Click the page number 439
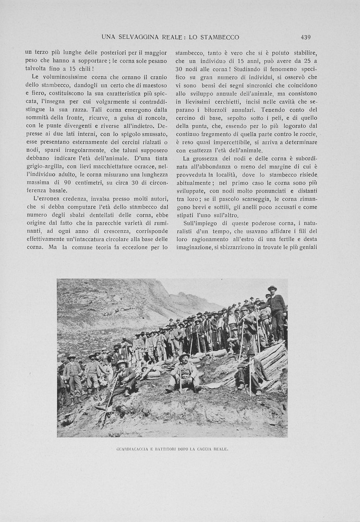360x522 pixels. tap(305, 37)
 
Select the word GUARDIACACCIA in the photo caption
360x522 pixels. tap(134, 449)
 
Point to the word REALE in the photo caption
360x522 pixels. tap(220, 449)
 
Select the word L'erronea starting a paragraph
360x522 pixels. tap(49, 199)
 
